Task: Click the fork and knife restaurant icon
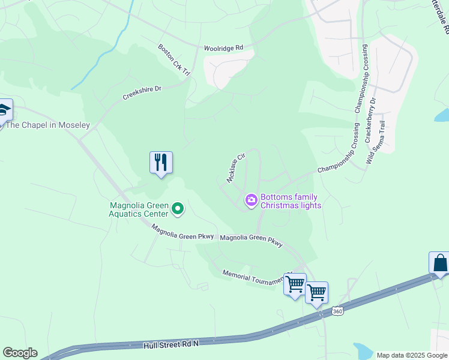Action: (161, 163)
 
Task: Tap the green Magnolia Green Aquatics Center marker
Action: (178, 209)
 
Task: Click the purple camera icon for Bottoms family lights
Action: (251, 199)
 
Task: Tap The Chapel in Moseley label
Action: (47, 125)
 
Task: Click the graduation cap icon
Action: (4, 110)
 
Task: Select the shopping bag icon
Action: (440, 263)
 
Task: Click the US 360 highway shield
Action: (337, 311)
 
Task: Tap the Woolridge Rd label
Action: (222, 47)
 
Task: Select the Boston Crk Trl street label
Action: (174, 59)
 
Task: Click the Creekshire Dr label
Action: (142, 92)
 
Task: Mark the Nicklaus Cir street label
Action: (236, 167)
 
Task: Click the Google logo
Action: (20, 353)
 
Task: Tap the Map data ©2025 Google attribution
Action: (411, 355)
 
